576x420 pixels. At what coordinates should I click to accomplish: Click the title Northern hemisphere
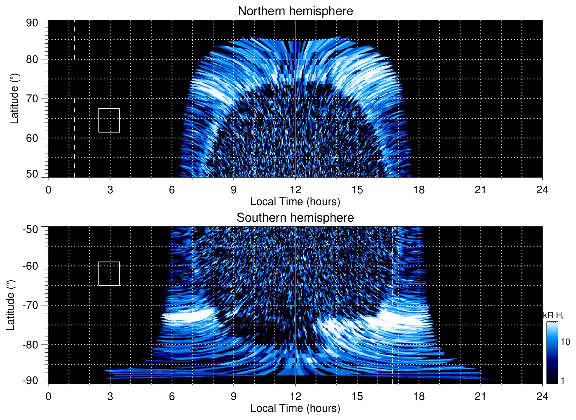295,11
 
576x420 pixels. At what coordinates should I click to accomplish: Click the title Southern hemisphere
295,218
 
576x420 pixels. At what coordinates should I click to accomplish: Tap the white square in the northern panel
109,120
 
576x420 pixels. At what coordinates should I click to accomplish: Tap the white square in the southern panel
109,274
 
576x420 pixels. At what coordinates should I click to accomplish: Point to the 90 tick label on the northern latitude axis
32,23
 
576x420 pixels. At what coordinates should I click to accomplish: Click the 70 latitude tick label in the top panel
32,99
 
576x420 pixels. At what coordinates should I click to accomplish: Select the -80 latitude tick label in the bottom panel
30,345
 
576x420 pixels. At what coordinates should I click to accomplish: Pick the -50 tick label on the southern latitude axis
30,229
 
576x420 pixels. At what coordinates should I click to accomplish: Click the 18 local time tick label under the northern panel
419,190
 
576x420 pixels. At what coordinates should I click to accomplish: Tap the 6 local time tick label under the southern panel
172,396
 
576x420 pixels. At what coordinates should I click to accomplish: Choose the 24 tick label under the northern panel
542,190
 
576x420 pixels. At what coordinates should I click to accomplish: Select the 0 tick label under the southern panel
48,396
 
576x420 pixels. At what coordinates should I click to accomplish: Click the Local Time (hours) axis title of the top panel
295,202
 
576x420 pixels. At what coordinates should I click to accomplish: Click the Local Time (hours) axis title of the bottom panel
295,408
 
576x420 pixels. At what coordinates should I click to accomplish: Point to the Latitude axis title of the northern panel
14,99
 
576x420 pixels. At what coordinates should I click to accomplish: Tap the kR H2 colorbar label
554,316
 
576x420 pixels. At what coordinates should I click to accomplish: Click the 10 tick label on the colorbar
565,342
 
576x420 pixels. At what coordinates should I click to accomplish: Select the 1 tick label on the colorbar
562,381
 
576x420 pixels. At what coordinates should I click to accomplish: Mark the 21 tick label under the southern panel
480,396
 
